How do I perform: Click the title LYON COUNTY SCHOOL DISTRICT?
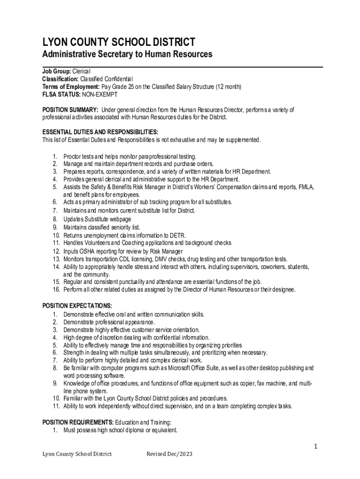click(x=119, y=42)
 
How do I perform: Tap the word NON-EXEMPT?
click(x=100, y=94)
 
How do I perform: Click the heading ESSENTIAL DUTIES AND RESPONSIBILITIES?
click(x=100, y=132)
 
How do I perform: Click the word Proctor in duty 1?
click(x=73, y=156)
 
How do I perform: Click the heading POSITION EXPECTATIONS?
click(x=77, y=306)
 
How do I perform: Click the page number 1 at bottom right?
click(x=316, y=447)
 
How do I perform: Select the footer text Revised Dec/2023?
click(x=169, y=454)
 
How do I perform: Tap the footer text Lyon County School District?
click(x=77, y=454)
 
